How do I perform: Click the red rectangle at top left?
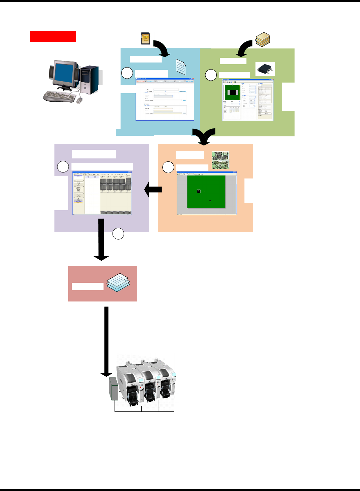click(x=53, y=36)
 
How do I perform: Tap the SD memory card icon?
click(x=145, y=38)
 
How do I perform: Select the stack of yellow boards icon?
click(x=263, y=39)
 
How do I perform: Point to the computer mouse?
click(x=79, y=100)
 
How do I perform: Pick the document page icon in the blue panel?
click(x=181, y=67)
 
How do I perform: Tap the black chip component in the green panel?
click(x=265, y=69)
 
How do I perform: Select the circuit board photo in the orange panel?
click(x=220, y=160)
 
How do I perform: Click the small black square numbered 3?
click(x=199, y=191)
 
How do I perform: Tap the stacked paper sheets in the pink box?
click(x=118, y=282)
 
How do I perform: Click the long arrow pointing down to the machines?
click(x=107, y=341)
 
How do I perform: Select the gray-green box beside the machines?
click(x=114, y=389)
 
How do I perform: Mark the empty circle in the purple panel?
click(x=63, y=166)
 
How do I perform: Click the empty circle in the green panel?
click(x=211, y=75)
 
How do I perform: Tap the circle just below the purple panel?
click(x=118, y=234)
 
